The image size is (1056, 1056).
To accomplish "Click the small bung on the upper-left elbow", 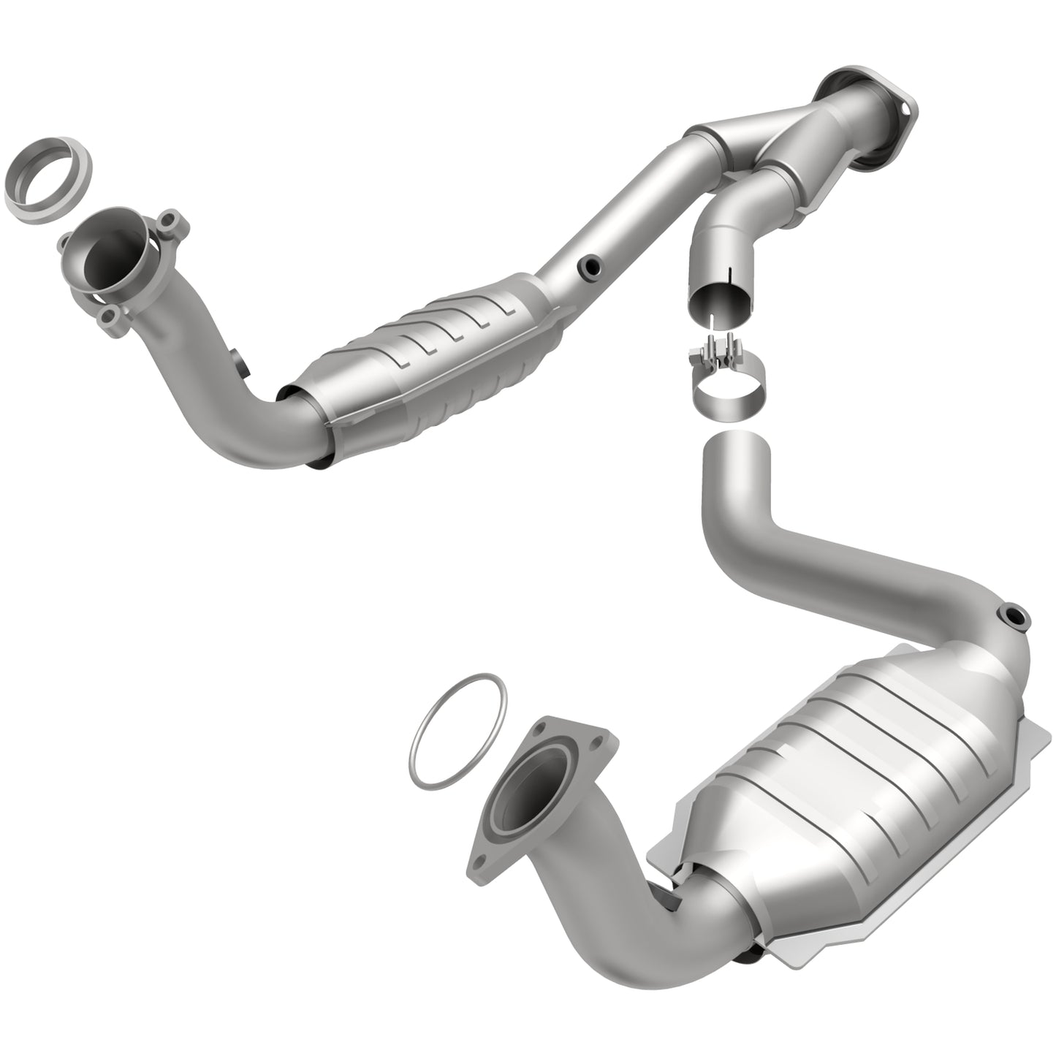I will tap(238, 362).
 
